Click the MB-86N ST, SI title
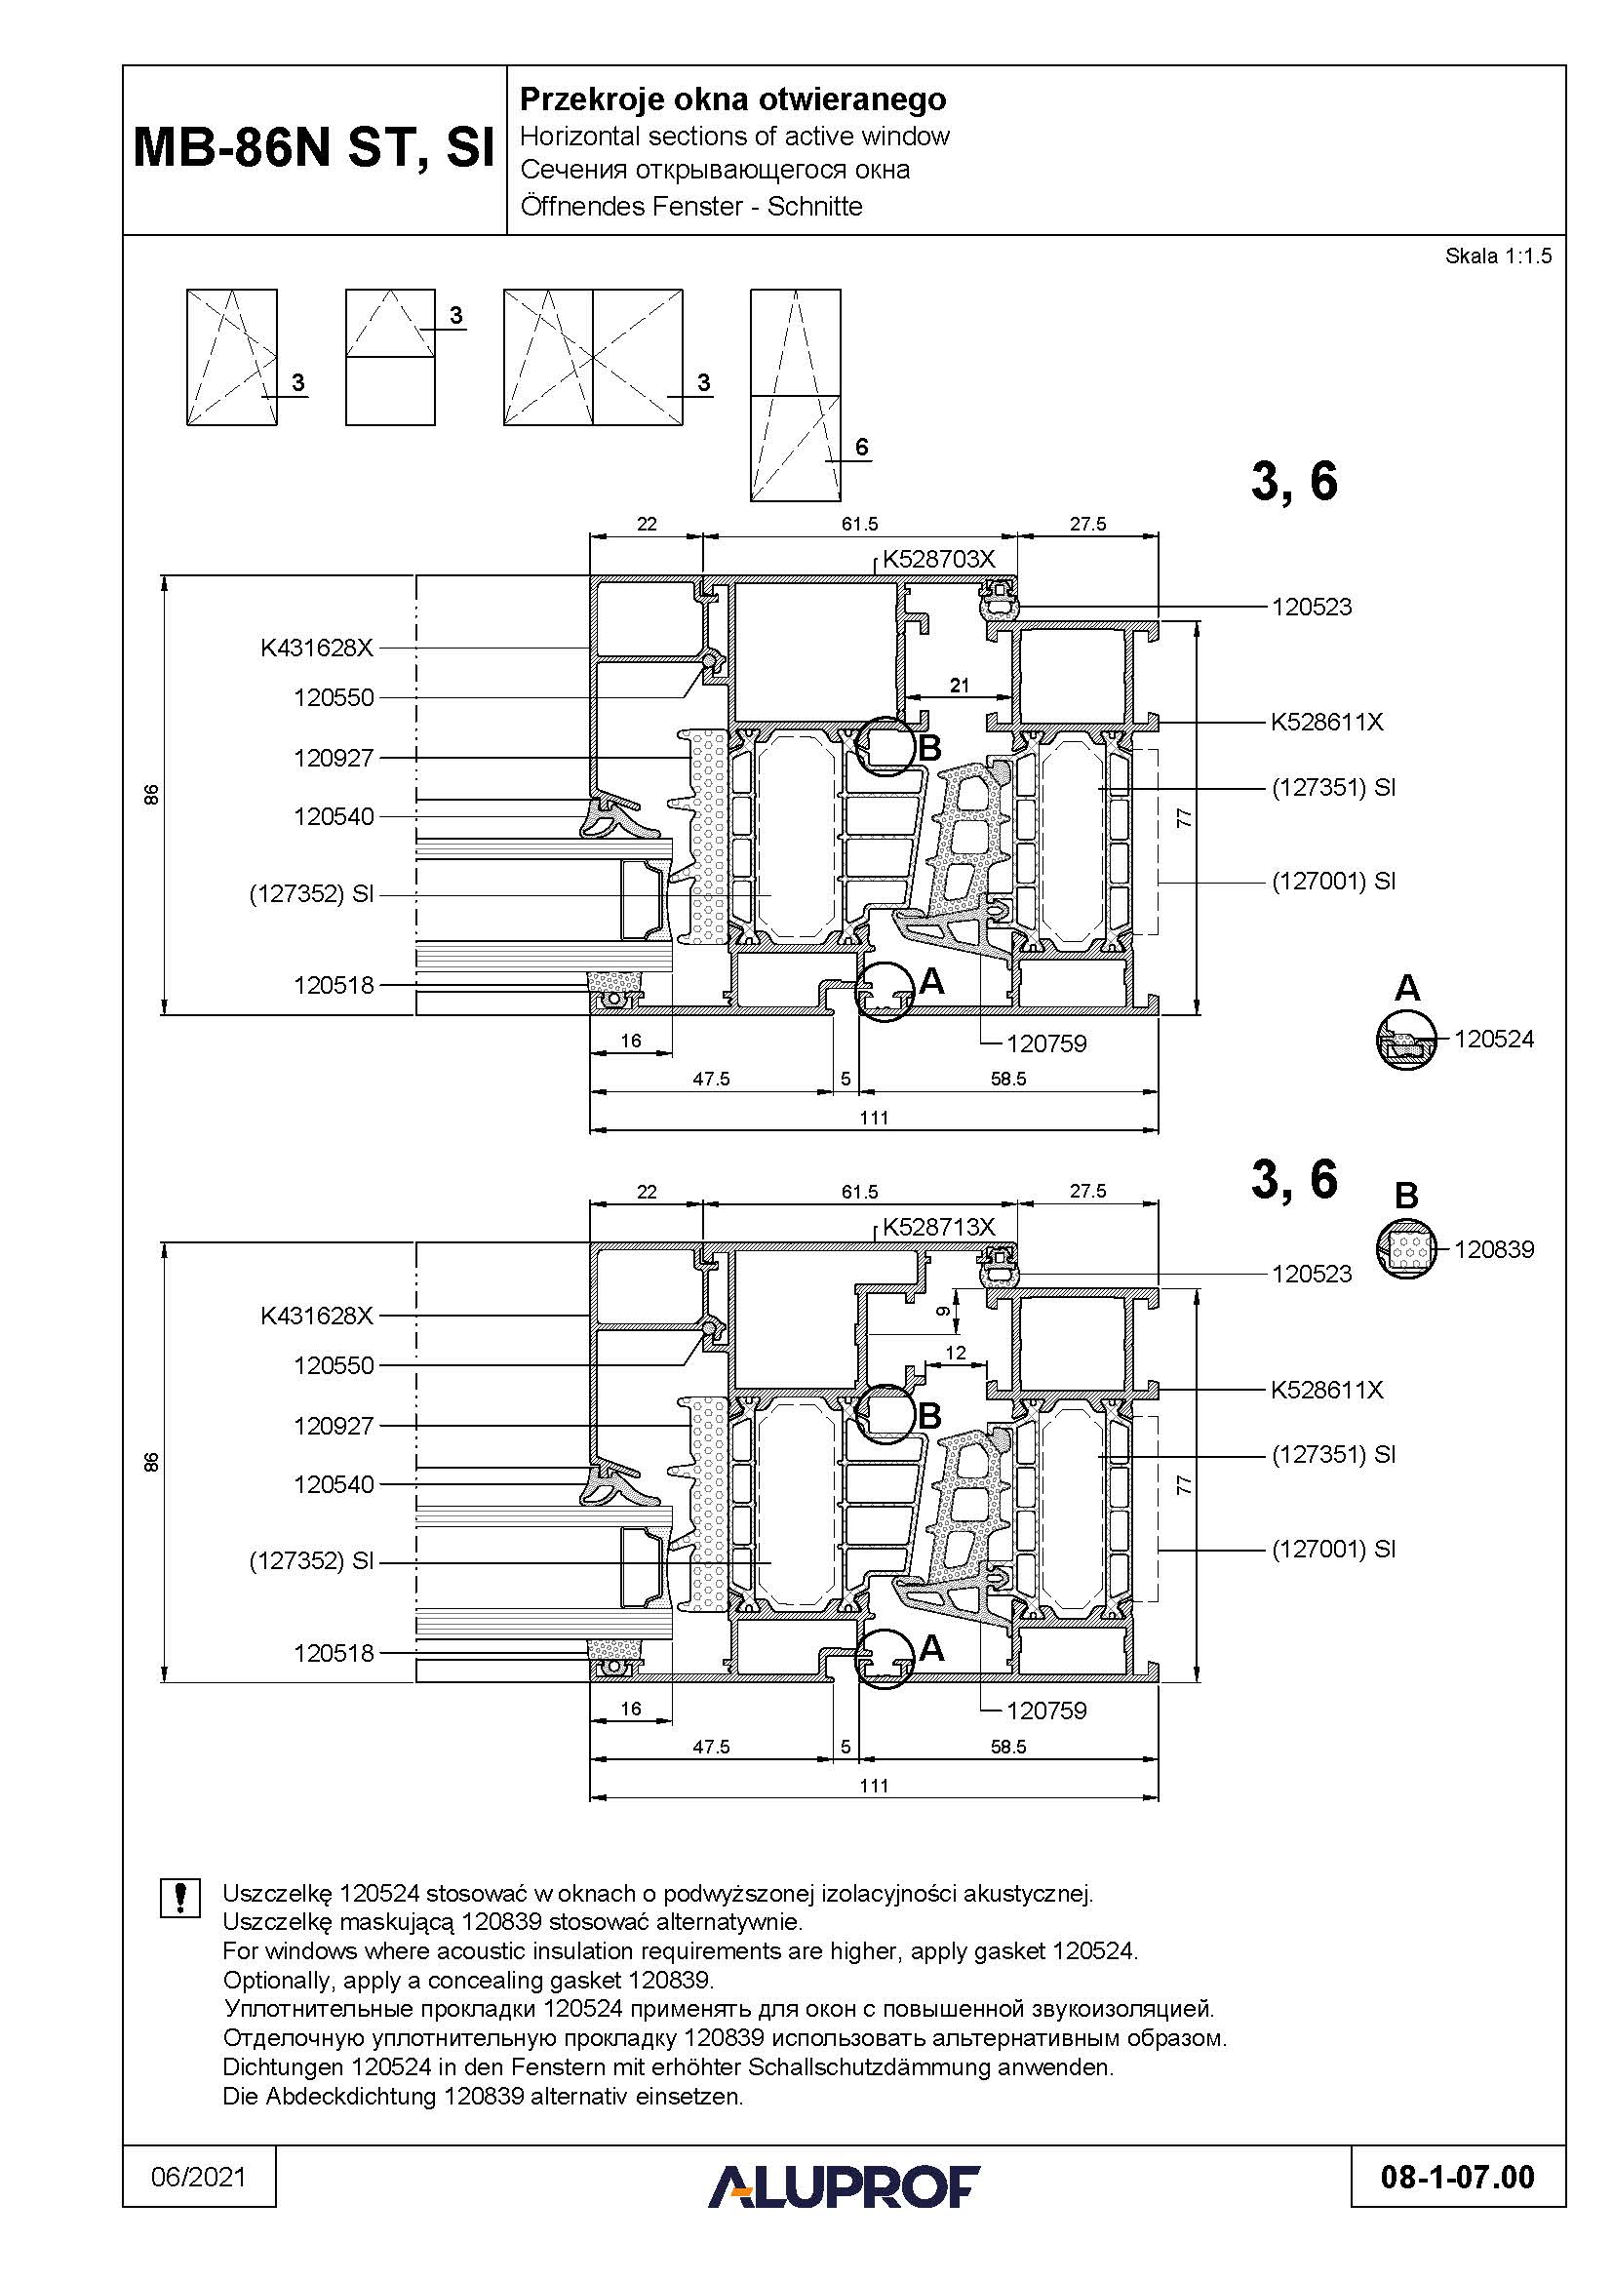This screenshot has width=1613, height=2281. tap(314, 149)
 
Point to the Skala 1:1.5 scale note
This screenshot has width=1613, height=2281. tap(1498, 256)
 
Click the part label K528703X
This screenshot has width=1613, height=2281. tap(938, 560)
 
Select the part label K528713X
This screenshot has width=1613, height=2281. tap(938, 1227)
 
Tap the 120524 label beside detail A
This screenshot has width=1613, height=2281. tap(1494, 1040)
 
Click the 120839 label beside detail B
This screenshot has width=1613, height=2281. tap(1494, 1250)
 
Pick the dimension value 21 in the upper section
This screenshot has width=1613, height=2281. tap(960, 685)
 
